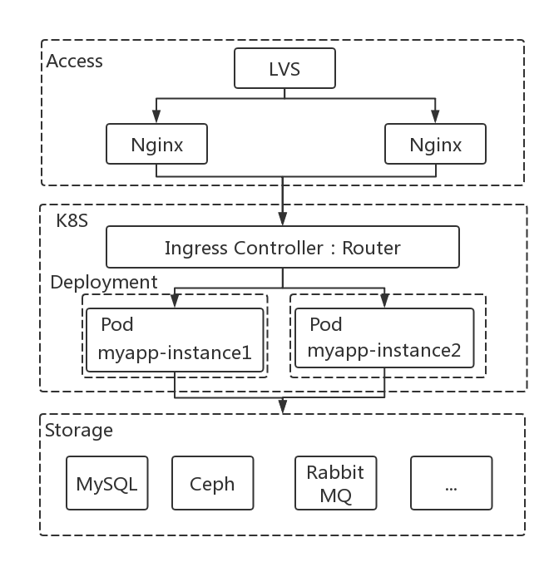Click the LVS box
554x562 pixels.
pos(284,68)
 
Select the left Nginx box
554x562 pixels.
pos(156,144)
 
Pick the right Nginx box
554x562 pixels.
pos(435,144)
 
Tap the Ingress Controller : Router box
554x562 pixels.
pos(283,247)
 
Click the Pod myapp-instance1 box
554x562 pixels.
pos(175,340)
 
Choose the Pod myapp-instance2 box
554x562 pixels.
pos(384,338)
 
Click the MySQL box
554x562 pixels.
pos(106,483)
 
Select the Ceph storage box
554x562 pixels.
pos(213,483)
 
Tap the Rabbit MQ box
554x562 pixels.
pos(335,483)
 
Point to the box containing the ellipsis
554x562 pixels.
pos(452,483)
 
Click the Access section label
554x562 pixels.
pos(74,61)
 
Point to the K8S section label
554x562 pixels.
pos(72,220)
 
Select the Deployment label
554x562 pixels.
pos(104,283)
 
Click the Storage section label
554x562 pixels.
pos(79,430)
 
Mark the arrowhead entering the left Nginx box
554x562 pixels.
pos(156,116)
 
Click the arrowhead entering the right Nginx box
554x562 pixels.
pos(435,116)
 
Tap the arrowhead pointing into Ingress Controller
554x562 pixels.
pos(283,219)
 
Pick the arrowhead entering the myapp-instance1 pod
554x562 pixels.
pos(175,301)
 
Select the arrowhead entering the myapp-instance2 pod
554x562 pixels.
pos(385,301)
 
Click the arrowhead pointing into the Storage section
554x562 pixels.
pos(283,407)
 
